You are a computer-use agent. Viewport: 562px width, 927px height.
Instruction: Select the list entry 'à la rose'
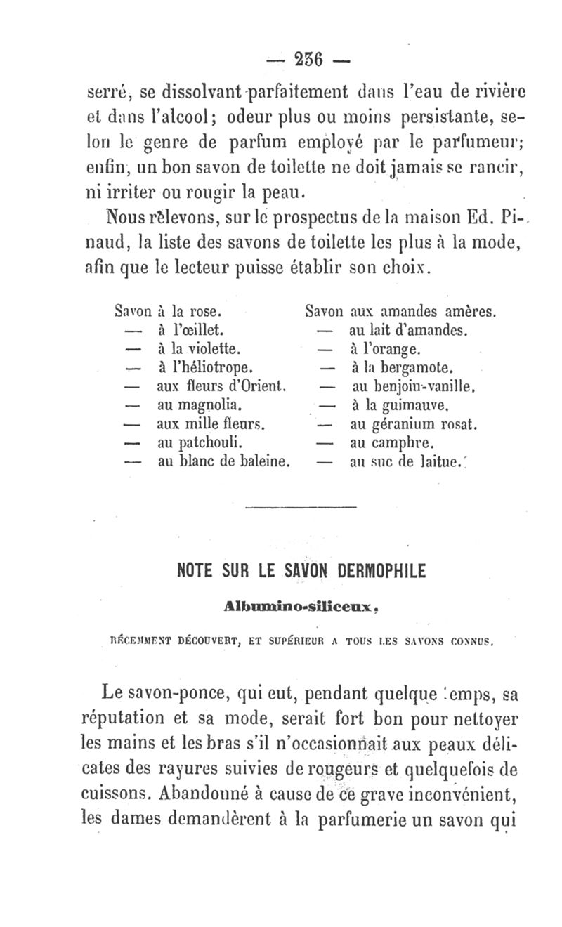[190, 309]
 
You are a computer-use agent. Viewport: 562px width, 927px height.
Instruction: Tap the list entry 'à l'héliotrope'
[205, 367]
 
